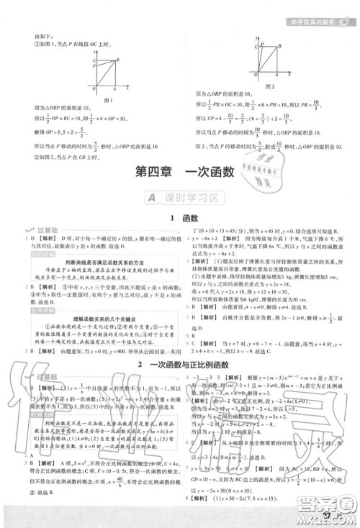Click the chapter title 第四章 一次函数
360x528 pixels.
[180, 173]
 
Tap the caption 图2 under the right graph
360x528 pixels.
[272, 85]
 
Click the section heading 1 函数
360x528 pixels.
[180, 217]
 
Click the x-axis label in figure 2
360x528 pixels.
[289, 75]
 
